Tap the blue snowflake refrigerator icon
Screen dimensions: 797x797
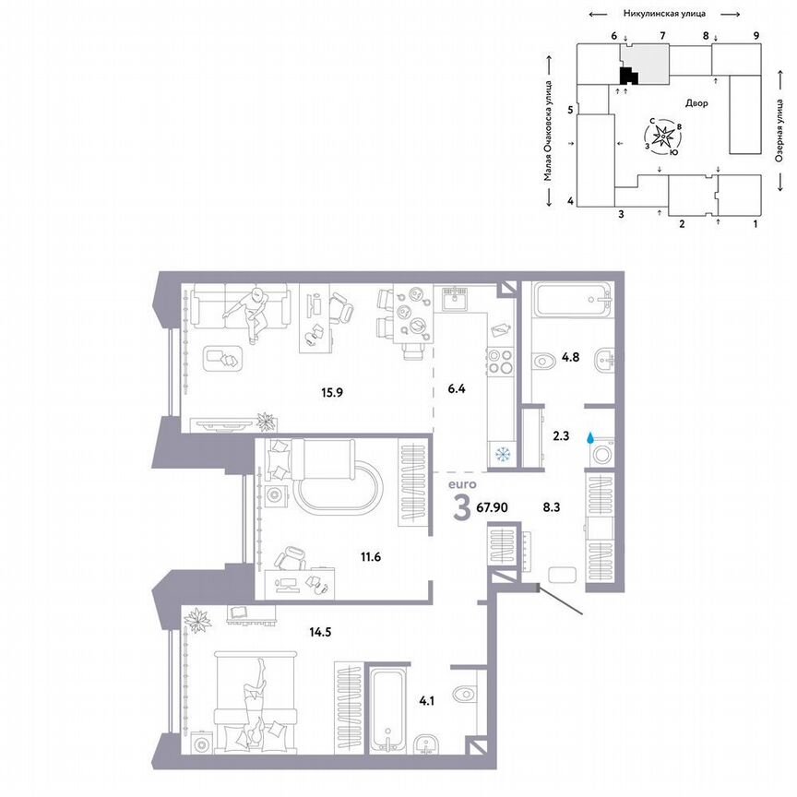point(503,453)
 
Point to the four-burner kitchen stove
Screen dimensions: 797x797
point(502,362)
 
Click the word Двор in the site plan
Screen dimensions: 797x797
point(697,103)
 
